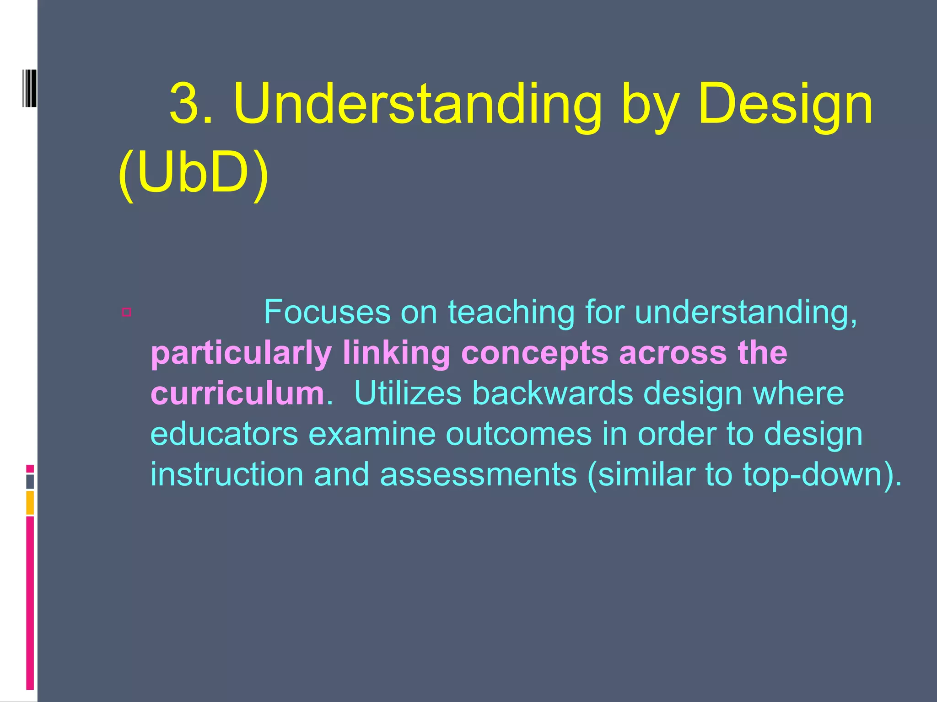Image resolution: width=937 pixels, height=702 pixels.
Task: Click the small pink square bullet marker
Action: pyautogui.click(x=127, y=312)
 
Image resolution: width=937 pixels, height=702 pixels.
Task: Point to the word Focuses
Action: pyautogui.click(x=327, y=312)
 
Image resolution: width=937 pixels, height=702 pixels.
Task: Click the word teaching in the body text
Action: pyautogui.click(x=511, y=312)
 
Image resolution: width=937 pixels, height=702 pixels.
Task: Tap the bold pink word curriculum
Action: pyautogui.click(x=237, y=393)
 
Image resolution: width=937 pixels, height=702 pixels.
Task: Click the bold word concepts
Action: pyautogui.click(x=534, y=353)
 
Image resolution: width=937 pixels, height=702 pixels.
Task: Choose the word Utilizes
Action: pyautogui.click(x=407, y=393)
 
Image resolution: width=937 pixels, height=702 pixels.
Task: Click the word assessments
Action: pyautogui.click(x=478, y=474)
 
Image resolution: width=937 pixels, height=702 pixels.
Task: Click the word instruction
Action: pyautogui.click(x=226, y=474)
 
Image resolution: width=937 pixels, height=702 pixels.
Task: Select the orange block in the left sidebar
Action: pyautogui.click(x=30, y=503)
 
